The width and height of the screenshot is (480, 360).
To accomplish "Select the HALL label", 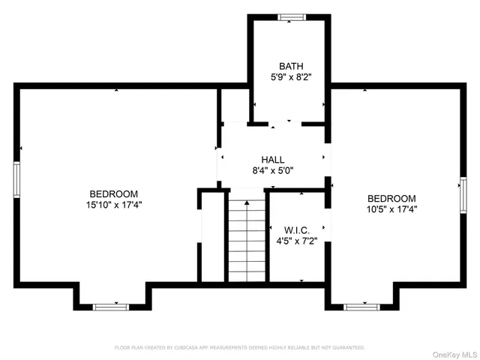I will [x=272, y=160].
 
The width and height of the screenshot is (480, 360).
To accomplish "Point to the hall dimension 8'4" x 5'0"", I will [x=272, y=170].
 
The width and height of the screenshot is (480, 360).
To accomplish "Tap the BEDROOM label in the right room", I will [x=391, y=199].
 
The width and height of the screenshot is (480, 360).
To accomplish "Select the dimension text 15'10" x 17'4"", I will [x=113, y=203].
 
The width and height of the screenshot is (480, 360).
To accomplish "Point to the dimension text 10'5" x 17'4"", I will [x=391, y=210].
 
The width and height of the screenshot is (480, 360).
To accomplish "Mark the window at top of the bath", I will [x=289, y=16].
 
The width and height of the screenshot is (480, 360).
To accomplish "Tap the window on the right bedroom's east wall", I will [x=462, y=196].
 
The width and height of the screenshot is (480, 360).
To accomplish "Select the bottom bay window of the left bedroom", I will [x=111, y=306].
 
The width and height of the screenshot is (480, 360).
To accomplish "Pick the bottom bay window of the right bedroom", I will [x=362, y=306].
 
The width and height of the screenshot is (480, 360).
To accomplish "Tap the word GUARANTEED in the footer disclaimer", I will [x=347, y=348].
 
